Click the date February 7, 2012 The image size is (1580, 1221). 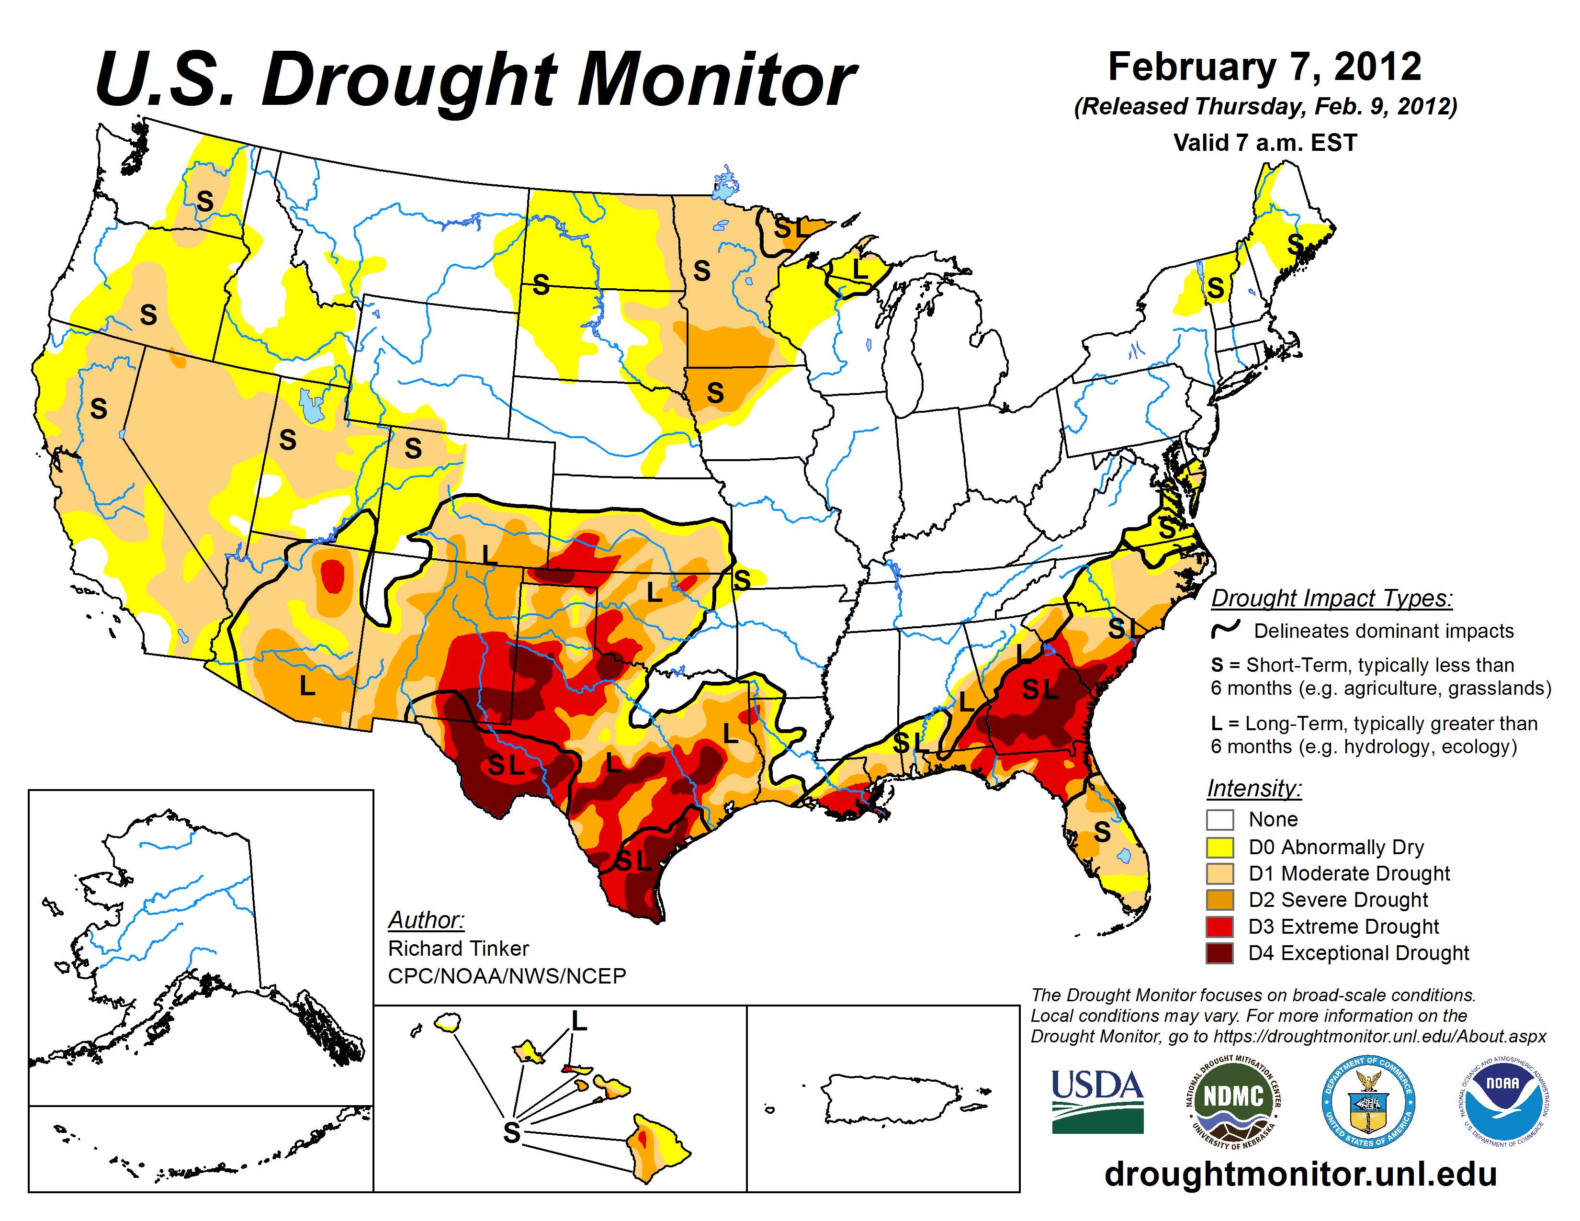1264,67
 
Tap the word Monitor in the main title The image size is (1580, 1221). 716,79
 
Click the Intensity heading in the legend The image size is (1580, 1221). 1254,788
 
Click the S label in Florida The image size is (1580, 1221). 1102,832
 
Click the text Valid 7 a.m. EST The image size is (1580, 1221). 1264,143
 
